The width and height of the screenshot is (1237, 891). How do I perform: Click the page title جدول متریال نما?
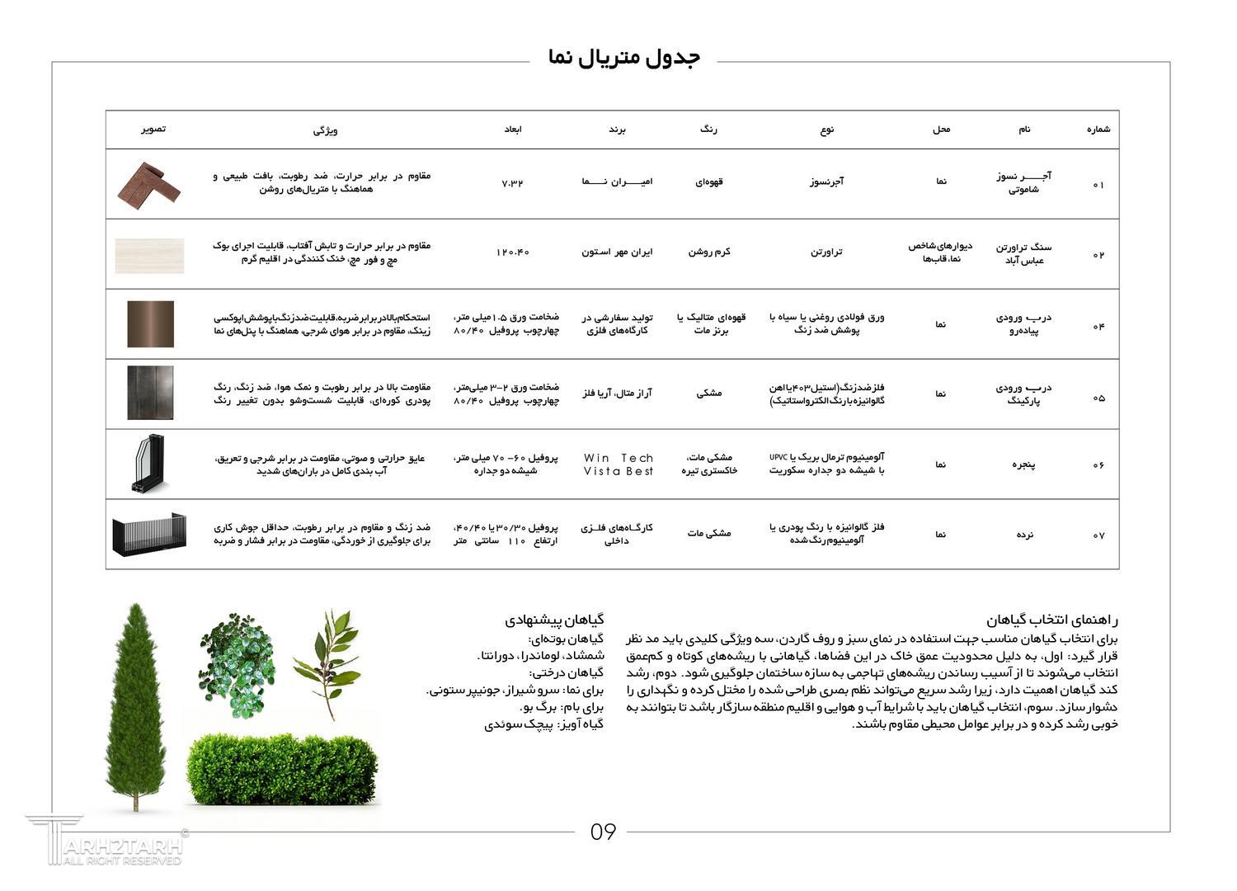[623, 58]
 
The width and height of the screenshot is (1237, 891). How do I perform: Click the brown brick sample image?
[148, 184]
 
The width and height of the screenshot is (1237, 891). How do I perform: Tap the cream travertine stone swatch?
[149, 255]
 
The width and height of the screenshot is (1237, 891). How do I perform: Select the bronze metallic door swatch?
[150, 324]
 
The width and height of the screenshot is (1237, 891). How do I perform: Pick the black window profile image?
[149, 464]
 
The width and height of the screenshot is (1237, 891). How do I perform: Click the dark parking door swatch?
[150, 394]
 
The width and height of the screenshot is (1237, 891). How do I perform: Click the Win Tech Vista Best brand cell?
[618, 464]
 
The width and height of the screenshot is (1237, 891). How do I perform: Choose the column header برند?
[618, 130]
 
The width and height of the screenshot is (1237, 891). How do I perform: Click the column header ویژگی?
[325, 130]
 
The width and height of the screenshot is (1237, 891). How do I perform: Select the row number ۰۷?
[1098, 535]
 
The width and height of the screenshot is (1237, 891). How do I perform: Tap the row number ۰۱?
[1098, 185]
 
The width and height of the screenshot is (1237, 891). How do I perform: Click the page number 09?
[603, 832]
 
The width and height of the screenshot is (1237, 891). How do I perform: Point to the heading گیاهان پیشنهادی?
[554, 619]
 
